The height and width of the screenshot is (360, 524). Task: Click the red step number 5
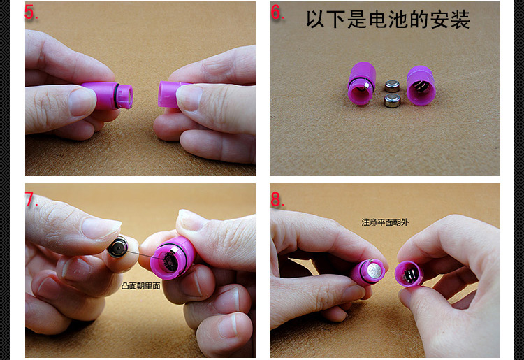tap(31, 13)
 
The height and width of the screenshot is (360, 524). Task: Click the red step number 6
tap(277, 13)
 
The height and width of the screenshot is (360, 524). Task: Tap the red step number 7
tap(31, 199)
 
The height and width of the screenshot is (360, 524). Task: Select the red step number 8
tap(277, 199)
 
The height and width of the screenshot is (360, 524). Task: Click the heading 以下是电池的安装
tap(388, 19)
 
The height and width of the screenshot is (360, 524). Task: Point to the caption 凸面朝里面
tap(140, 286)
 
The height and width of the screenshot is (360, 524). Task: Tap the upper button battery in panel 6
tap(392, 85)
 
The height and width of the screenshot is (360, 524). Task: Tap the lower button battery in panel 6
tap(392, 101)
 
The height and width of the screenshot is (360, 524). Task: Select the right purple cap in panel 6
tap(421, 85)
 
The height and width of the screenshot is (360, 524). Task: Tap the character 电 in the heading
tap(378, 19)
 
